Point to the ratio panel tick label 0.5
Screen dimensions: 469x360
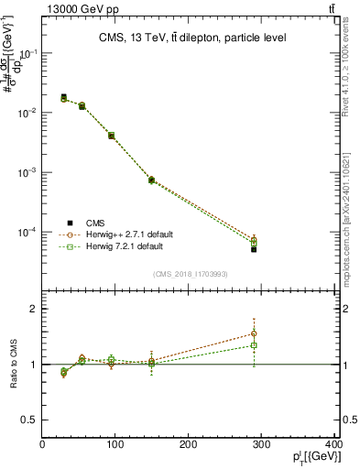pos(30,420)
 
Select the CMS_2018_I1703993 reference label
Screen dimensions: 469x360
pos(190,274)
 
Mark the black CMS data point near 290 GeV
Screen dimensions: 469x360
pos(254,249)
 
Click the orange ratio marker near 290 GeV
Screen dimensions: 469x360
pos(254,333)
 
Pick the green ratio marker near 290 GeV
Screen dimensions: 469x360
pos(254,345)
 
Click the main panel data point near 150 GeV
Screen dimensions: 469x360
pos(151,180)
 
